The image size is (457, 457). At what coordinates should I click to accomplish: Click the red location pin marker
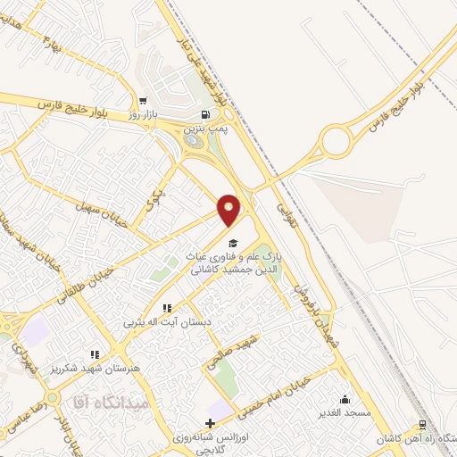point(229,209)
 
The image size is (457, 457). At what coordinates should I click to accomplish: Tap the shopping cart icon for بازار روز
point(143,101)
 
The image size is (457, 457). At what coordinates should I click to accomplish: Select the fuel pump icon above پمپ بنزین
point(207,115)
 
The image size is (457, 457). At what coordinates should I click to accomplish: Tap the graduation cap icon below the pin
point(233,242)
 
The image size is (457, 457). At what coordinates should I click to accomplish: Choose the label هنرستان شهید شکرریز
point(94,368)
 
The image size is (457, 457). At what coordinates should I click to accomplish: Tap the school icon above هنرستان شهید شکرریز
point(95,354)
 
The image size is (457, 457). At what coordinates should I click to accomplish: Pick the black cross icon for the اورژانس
point(210,423)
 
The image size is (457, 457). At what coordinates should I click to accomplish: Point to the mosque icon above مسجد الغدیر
point(345,399)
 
